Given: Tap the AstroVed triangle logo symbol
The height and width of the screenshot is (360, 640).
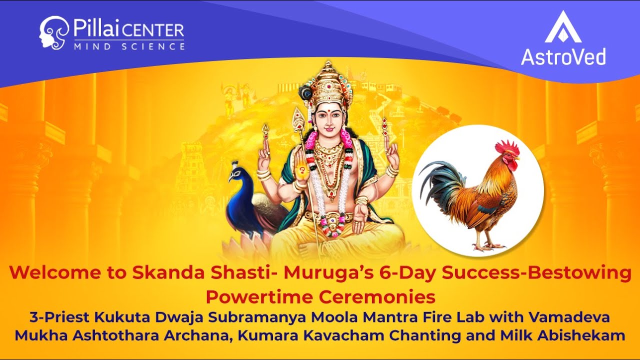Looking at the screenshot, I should [x=563, y=27].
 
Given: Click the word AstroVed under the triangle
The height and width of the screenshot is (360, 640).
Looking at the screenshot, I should [x=563, y=56].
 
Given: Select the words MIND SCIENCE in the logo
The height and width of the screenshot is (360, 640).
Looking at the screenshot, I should [x=129, y=46].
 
